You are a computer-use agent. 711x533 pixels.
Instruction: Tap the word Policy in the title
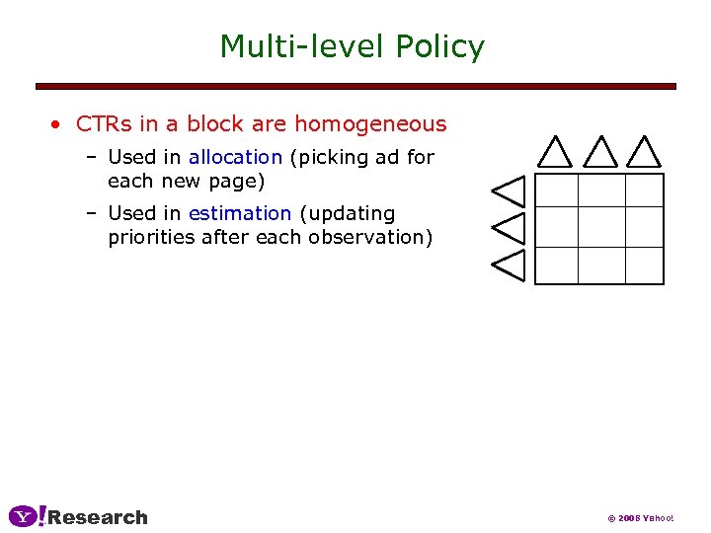(439, 46)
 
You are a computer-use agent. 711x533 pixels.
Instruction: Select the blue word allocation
(235, 157)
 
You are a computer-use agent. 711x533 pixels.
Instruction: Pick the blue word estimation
(240, 213)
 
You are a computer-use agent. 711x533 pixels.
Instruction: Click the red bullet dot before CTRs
(58, 125)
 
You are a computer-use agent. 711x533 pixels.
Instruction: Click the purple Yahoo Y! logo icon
(27, 516)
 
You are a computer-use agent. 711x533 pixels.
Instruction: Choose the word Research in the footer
(98, 517)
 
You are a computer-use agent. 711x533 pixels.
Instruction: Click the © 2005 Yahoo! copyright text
(641, 518)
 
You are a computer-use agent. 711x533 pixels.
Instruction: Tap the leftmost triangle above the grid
(555, 153)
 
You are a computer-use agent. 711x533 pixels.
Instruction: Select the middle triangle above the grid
(599, 153)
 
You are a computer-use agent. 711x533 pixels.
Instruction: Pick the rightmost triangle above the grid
(644, 153)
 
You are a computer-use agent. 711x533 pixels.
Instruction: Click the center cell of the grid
(600, 227)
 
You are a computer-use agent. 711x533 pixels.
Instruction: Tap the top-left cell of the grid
(556, 190)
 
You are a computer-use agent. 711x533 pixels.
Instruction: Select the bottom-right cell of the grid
(644, 265)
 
